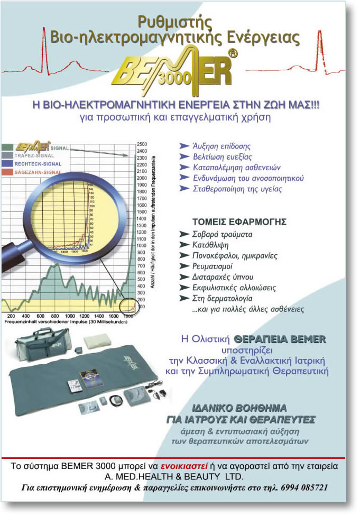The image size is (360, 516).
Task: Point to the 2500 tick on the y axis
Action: click(142, 144)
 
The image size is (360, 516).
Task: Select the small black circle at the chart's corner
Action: click(127, 306)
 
